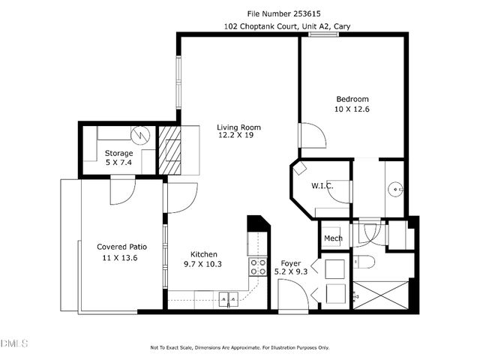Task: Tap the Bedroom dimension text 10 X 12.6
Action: [x=352, y=109]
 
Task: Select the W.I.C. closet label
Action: [x=322, y=185]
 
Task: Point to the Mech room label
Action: [x=333, y=238]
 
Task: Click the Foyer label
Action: [x=291, y=263]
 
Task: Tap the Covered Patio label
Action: [x=121, y=247]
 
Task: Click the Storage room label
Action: [x=118, y=153]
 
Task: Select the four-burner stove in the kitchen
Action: [x=258, y=268]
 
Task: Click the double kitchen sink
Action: [x=228, y=299]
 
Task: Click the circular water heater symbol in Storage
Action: [x=139, y=135]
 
